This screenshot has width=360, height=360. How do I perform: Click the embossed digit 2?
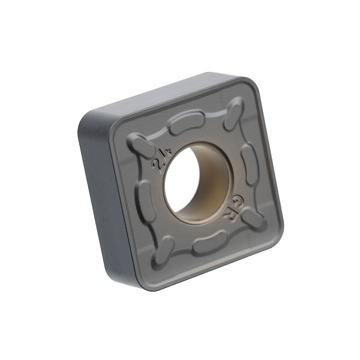(158, 166)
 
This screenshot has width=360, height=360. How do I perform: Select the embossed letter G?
(237, 202)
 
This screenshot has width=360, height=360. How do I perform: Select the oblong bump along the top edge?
(187, 122)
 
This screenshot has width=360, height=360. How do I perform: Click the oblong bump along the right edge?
(250, 164)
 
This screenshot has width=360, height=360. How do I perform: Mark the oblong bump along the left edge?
(148, 201)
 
